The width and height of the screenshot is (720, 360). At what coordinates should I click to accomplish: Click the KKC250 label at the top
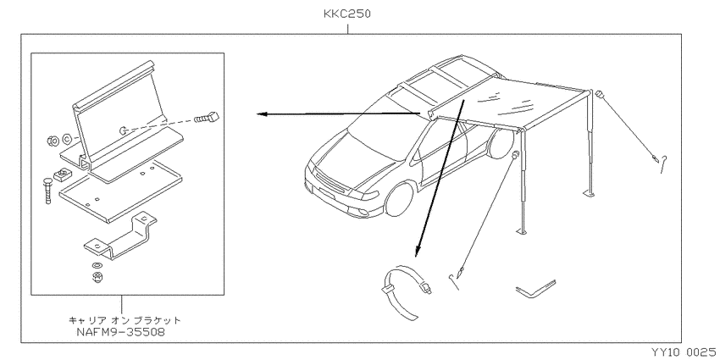coord(347,14)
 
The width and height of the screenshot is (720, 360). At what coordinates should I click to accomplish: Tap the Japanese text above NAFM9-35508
coord(125,320)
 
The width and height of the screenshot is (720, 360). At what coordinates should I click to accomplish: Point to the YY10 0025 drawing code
coord(683,352)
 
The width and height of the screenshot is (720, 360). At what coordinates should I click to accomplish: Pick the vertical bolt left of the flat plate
coord(48,191)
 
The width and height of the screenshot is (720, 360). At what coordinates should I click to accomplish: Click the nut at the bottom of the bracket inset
coord(97,276)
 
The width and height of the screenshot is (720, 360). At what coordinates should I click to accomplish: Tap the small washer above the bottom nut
coord(97,266)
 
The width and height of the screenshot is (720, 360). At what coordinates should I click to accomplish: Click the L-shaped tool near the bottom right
coord(535,290)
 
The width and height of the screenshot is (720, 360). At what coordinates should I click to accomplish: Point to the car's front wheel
coord(402,199)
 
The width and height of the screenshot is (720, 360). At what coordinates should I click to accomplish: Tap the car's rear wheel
coord(497,142)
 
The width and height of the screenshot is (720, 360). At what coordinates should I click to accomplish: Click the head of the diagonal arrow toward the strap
coord(417,252)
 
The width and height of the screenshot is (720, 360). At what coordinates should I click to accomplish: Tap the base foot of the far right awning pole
coord(590,195)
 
